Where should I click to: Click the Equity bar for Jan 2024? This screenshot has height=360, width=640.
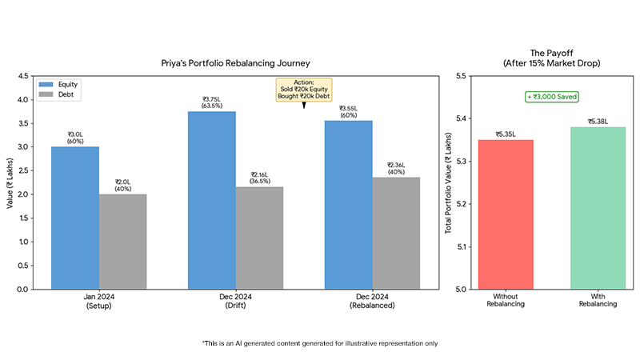click(x=75, y=218)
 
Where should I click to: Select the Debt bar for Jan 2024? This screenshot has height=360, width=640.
click(x=122, y=242)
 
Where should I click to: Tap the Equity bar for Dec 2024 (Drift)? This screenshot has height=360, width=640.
click(x=211, y=200)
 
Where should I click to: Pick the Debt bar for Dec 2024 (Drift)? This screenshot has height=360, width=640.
click(x=259, y=238)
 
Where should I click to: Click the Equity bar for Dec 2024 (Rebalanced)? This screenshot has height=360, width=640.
click(x=348, y=205)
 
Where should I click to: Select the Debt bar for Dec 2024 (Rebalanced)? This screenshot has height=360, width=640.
click(x=396, y=233)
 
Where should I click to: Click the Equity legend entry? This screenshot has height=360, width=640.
click(x=65, y=84)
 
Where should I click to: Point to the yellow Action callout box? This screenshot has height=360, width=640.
click(x=303, y=89)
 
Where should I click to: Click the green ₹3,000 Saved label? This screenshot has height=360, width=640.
click(x=551, y=97)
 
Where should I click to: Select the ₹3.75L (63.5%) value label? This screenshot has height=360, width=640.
click(x=211, y=102)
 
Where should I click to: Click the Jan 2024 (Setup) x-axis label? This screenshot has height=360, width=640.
click(x=99, y=302)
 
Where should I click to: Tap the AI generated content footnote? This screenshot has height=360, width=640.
click(x=320, y=343)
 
